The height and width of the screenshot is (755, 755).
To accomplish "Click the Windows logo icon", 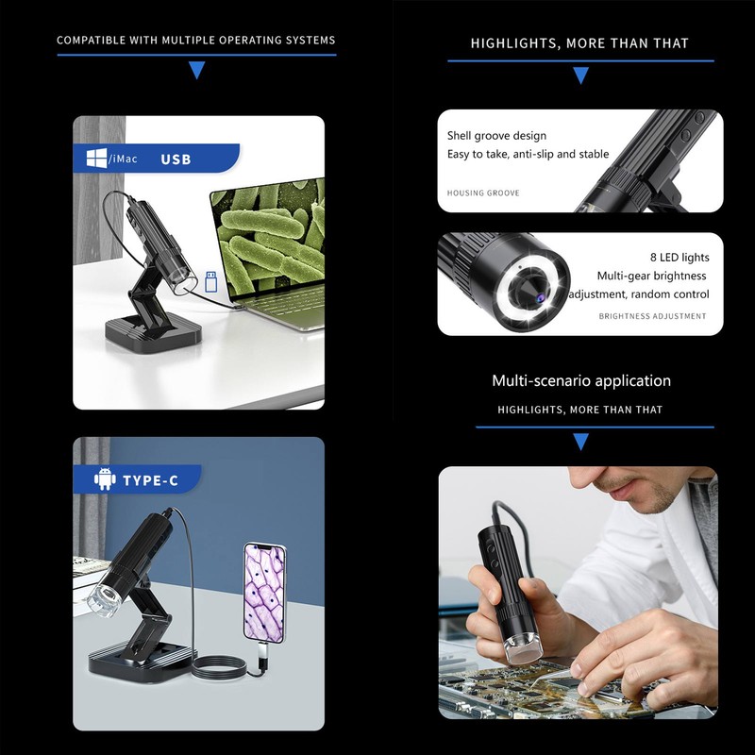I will pos(96,159).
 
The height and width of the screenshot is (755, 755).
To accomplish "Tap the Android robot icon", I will pos(105,480).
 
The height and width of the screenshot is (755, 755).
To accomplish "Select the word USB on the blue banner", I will pos(176,159).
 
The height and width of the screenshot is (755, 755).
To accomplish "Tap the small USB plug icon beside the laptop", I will pos(211,280).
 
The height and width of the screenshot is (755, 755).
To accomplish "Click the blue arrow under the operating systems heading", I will pos(196,70).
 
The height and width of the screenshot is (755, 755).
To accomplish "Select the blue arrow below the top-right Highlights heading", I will pos(580,75).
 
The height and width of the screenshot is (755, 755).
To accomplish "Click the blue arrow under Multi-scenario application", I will pos(580,442).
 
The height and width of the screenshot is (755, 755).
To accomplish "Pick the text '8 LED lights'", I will pos(679,258).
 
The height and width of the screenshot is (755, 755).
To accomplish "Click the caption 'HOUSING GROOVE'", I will pos(483,193).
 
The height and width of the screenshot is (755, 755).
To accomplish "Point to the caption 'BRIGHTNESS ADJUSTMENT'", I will pos(652,316).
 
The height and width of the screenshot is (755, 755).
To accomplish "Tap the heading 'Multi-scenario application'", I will pos(580,381).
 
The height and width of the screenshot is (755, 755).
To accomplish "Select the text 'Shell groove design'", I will pos(496,136).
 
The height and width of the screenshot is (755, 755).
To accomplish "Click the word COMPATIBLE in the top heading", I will pos(90,41).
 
